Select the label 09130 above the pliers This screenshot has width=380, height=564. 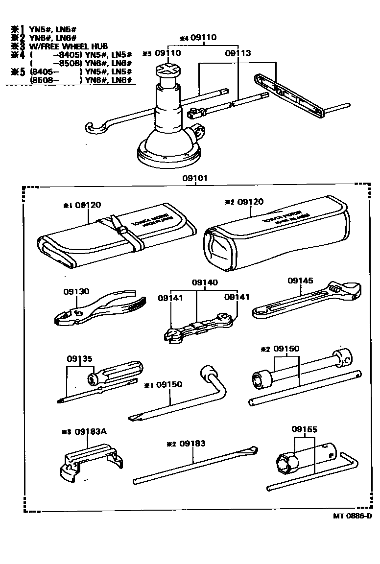[x=76, y=291]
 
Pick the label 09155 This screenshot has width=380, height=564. [x=305, y=429]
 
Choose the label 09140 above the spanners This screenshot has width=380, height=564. [x=205, y=282]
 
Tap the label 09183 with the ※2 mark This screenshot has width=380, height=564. [x=192, y=444]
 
